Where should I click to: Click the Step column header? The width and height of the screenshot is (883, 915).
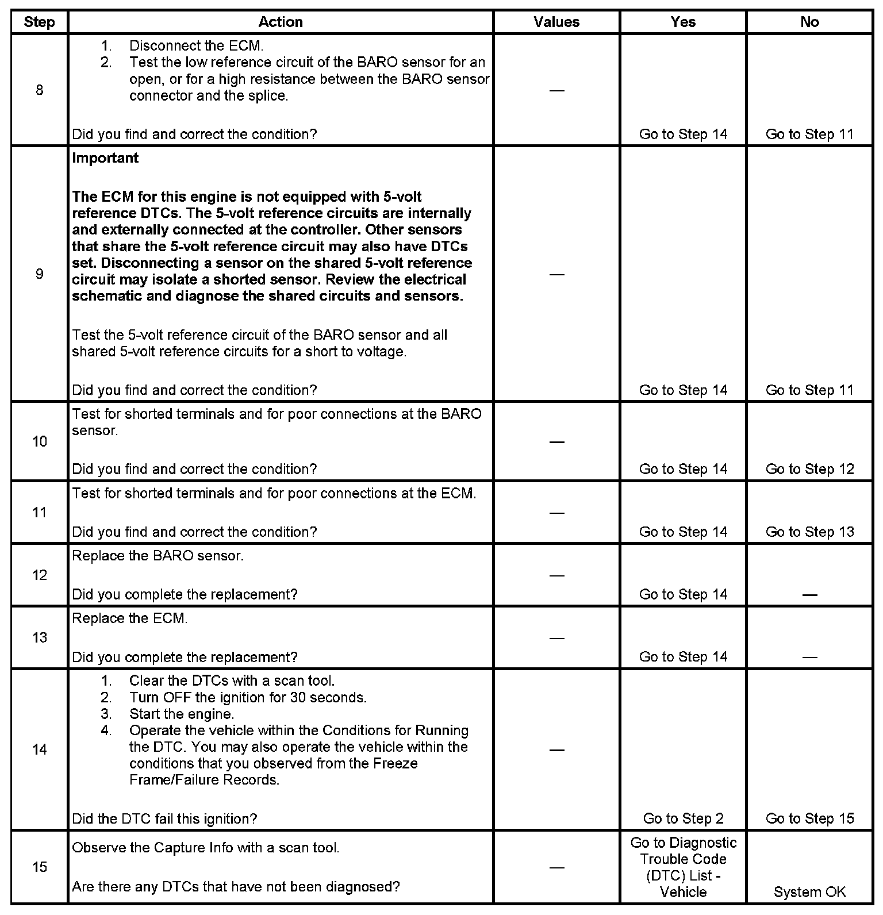pyautogui.click(x=39, y=22)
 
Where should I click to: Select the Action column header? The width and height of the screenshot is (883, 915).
pyautogui.click(x=281, y=22)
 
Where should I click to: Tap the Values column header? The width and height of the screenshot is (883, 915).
pyautogui.click(x=556, y=22)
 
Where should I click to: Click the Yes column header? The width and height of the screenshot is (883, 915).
pyautogui.click(x=683, y=22)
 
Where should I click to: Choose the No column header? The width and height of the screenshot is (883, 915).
pyautogui.click(x=809, y=22)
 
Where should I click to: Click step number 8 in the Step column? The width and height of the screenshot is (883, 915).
pyautogui.click(x=39, y=90)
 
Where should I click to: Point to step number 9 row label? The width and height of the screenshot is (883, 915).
pyautogui.click(x=39, y=274)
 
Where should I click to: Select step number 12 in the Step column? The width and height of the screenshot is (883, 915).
pyautogui.click(x=39, y=575)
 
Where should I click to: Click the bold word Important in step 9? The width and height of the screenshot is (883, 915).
pyautogui.click(x=105, y=158)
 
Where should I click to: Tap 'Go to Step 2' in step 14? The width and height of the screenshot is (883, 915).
pyautogui.click(x=683, y=818)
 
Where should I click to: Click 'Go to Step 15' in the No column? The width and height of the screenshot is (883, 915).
pyautogui.click(x=809, y=818)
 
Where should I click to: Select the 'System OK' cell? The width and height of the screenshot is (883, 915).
pyautogui.click(x=809, y=892)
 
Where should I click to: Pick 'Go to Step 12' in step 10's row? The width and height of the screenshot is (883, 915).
pyautogui.click(x=809, y=469)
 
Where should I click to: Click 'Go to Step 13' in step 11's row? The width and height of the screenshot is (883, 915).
pyautogui.click(x=809, y=532)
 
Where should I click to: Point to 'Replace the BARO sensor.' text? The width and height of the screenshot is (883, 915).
pyautogui.click(x=158, y=556)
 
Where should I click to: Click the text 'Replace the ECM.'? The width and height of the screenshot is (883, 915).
pyautogui.click(x=130, y=619)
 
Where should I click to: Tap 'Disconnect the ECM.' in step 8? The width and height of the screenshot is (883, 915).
pyautogui.click(x=196, y=46)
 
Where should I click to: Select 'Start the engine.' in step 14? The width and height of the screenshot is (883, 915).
pyautogui.click(x=182, y=714)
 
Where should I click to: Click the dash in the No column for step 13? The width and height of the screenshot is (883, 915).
pyautogui.click(x=809, y=657)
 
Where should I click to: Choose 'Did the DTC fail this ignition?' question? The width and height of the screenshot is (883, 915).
pyautogui.click(x=164, y=818)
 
